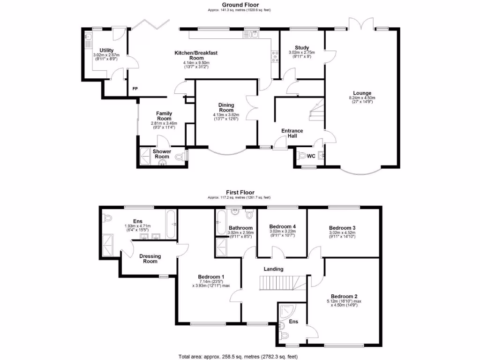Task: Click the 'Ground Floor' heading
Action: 240,4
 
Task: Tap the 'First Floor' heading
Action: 240,192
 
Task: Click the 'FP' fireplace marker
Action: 135,89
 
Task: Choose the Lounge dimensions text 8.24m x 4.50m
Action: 362,98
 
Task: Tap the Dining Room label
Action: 226,107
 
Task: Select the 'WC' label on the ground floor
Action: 310,156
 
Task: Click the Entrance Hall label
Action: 292,133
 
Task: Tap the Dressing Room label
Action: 150,259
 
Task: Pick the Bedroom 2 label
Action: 344,296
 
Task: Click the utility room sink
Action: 88,37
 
